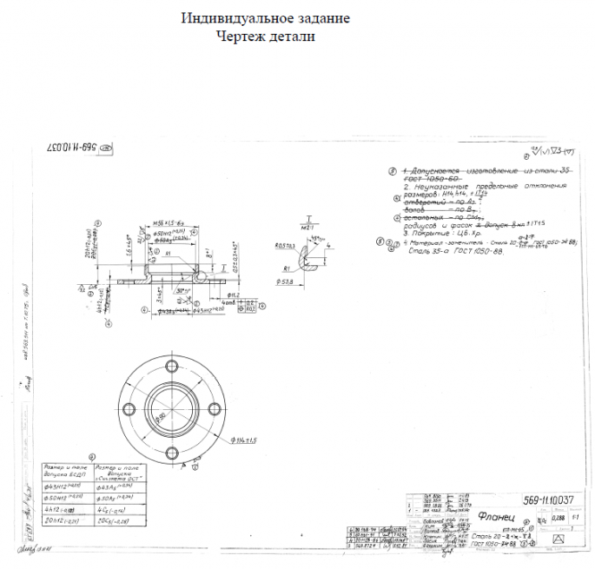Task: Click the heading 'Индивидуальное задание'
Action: [265, 18]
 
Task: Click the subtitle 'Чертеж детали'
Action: [265, 36]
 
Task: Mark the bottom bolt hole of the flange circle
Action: [172, 446]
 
